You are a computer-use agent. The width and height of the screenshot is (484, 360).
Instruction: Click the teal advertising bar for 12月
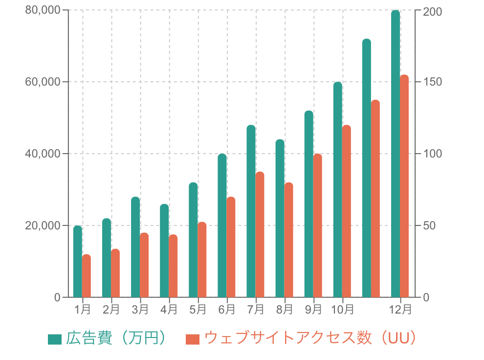396,154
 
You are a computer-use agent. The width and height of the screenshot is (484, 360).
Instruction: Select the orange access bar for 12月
404,186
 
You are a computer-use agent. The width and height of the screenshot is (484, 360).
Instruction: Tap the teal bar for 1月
77,261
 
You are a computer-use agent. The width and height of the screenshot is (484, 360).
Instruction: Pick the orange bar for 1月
87,276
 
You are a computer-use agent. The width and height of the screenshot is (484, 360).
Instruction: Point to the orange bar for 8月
289,240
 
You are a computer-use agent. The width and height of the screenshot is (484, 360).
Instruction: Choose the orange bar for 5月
202,260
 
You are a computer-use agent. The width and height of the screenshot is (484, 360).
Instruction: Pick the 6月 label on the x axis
227,309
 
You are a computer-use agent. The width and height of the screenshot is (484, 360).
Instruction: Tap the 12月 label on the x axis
400,309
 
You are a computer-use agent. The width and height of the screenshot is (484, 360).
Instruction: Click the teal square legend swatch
55,339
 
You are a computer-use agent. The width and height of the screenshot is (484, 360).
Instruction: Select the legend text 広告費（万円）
116,338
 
